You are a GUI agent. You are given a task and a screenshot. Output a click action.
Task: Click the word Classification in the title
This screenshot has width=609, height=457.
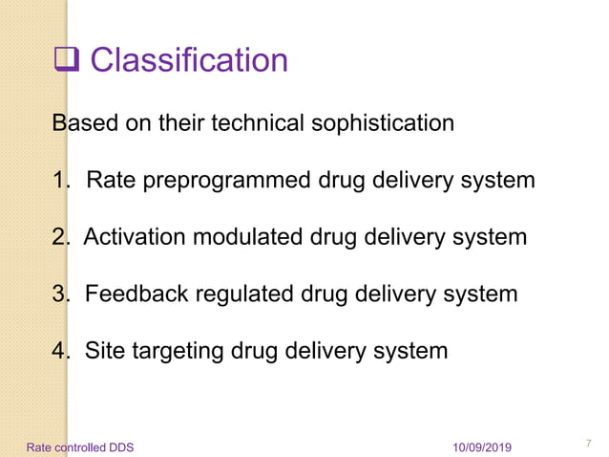pos(189,61)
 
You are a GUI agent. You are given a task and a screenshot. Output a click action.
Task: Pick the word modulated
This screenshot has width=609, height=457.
pos(248,237)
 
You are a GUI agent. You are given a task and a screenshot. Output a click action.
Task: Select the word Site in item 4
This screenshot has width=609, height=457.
pos(104,350)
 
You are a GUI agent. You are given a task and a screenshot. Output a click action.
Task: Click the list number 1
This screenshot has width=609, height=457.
pos(59,181)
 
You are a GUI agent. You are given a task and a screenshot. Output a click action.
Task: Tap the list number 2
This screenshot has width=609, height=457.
pos(59,237)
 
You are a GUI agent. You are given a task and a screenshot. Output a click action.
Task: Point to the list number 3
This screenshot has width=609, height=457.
pos(59,294)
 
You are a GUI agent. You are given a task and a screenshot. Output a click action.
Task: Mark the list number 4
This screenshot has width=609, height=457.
pos(59,351)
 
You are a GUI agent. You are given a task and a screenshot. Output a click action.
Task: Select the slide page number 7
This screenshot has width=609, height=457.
pos(588,444)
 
